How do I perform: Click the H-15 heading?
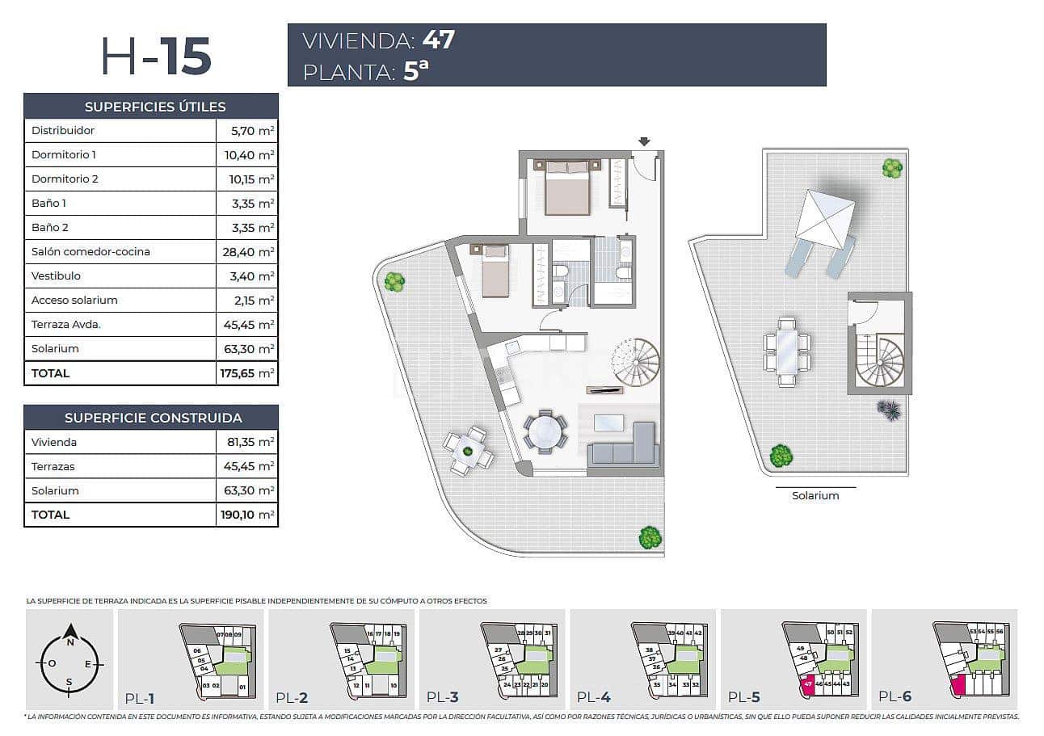click(x=156, y=57)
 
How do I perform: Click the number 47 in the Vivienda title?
click(x=438, y=40)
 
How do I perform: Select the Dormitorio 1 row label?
click(x=64, y=154)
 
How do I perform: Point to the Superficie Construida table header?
click(x=151, y=418)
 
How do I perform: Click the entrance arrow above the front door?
click(x=643, y=142)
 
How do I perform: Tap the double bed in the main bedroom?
click(x=567, y=187)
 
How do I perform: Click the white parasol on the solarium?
click(x=825, y=218)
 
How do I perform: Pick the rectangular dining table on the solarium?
click(x=787, y=353)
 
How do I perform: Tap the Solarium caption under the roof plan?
click(x=815, y=496)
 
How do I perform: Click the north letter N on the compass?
click(x=70, y=643)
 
